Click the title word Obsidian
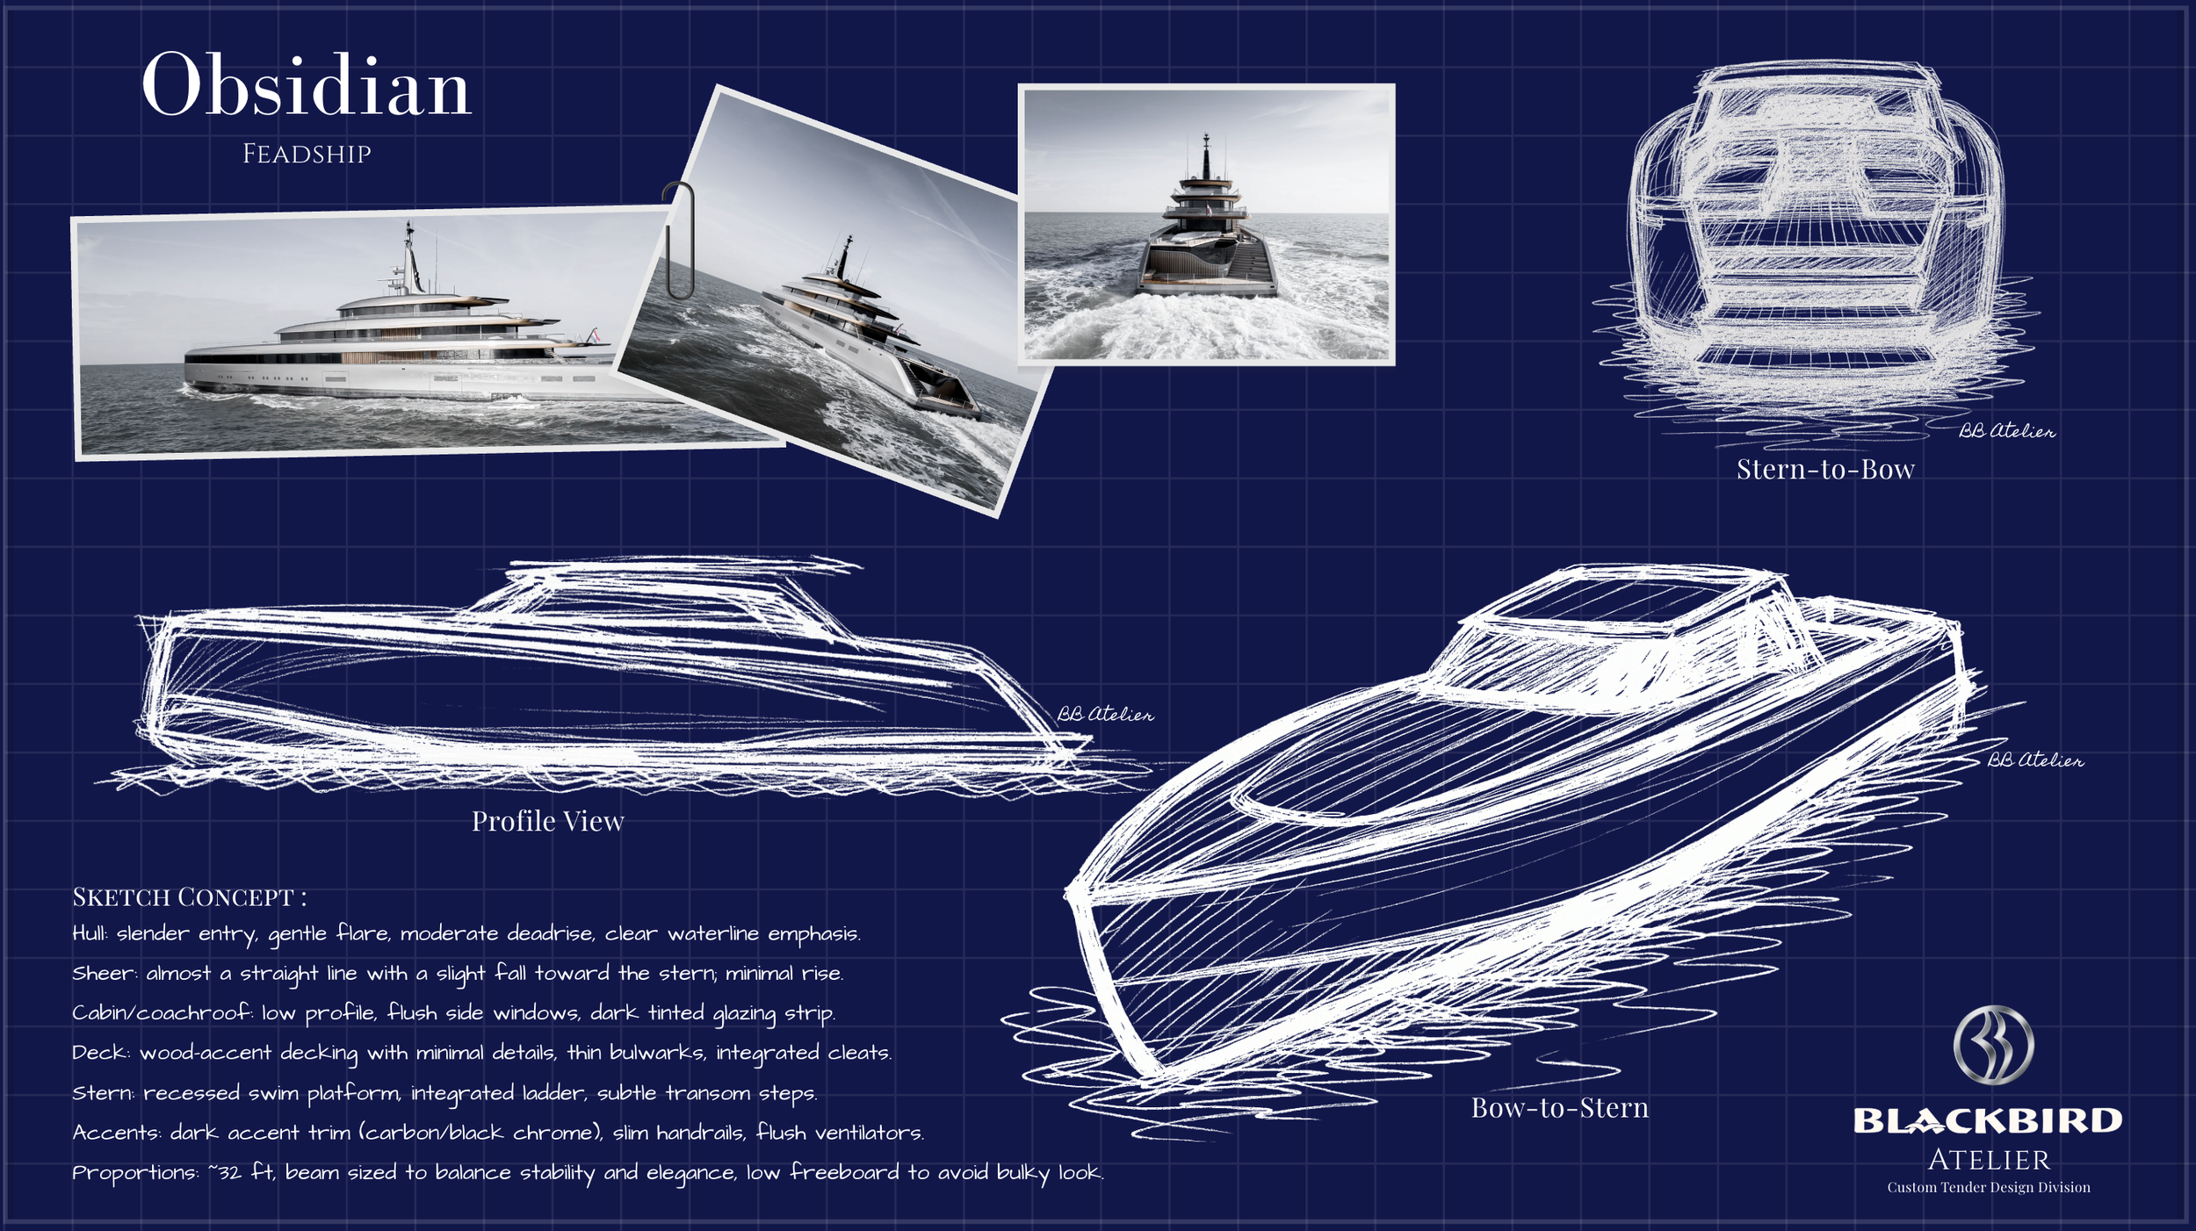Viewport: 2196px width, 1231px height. tap(306, 86)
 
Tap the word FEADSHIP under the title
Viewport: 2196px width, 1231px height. tap(307, 155)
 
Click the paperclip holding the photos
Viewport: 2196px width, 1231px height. tap(678, 240)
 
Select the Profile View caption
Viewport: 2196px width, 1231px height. tap(547, 821)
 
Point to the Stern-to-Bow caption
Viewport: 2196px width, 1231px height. tap(1825, 470)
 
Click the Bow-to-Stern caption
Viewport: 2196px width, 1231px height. tap(1560, 1108)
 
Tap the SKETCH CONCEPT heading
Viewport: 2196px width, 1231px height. tap(189, 897)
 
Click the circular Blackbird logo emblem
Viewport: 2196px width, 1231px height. tap(1993, 1044)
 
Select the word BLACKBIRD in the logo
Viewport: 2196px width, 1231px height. tap(1988, 1121)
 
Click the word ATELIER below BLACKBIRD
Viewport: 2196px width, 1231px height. tap(1989, 1161)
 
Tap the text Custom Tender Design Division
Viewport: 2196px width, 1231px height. tap(1989, 1188)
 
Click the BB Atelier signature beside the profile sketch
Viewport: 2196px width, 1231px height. tap(1105, 715)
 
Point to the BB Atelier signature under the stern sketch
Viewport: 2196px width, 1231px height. tap(2006, 431)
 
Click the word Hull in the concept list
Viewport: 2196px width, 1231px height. tap(90, 934)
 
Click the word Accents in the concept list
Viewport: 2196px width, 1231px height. tap(116, 1134)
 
